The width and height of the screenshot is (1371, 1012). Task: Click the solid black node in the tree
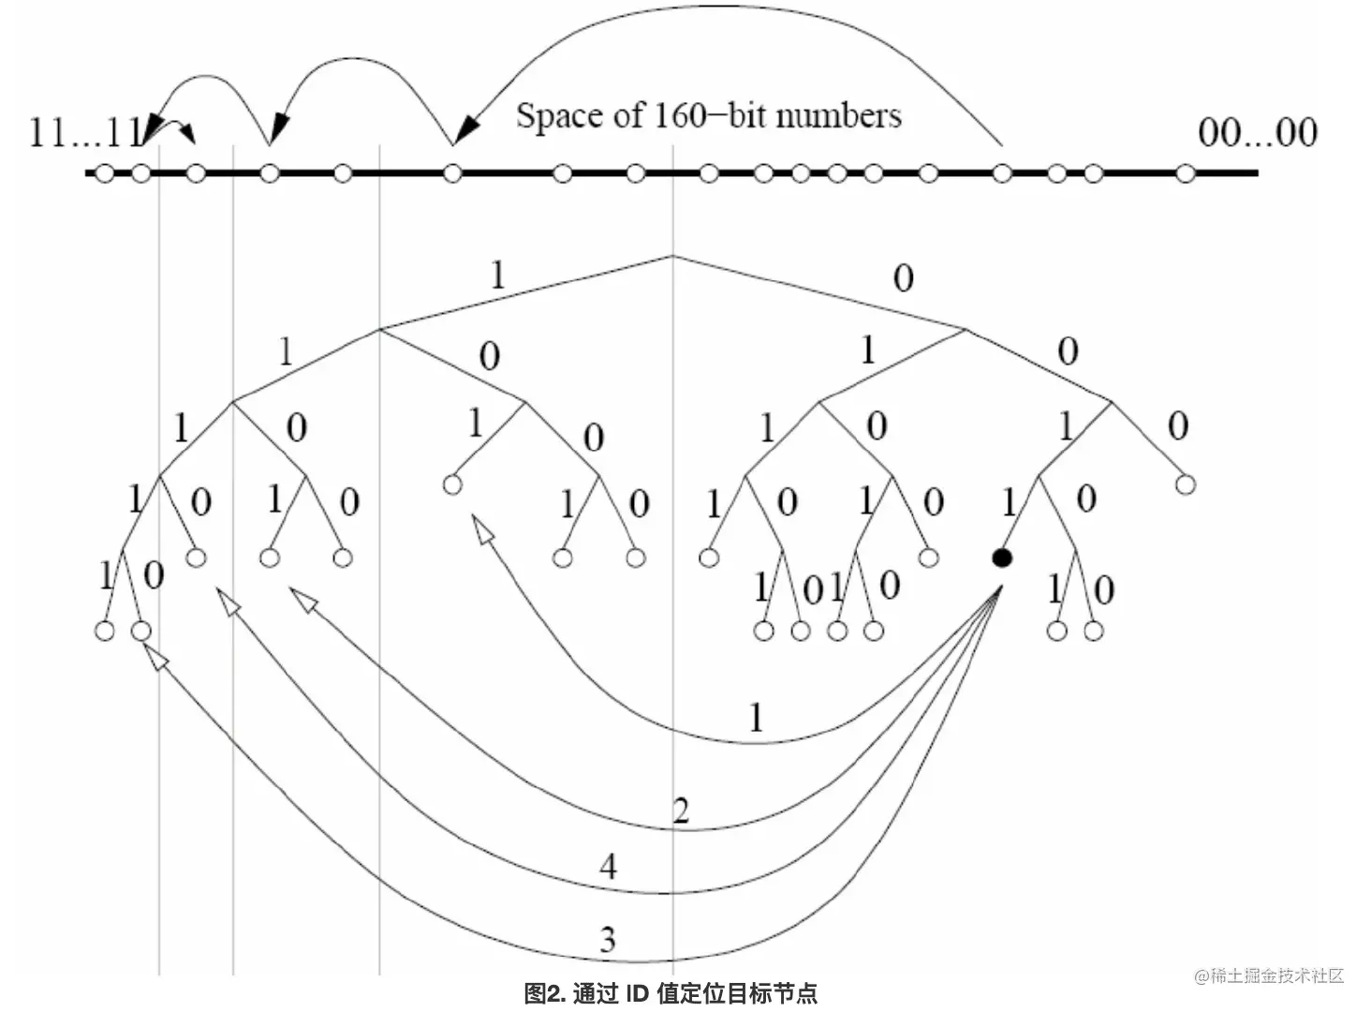[x=1002, y=558]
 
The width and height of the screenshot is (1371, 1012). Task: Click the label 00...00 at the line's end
[x=1257, y=133]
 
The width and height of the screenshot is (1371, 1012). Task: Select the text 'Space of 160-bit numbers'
[x=708, y=115]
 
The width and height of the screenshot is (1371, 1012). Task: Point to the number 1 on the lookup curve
[x=756, y=718]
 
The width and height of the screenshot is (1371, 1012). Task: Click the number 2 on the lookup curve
[x=681, y=811]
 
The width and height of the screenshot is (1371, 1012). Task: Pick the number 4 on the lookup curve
[x=609, y=867]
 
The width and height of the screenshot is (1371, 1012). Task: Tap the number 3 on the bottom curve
[x=608, y=939]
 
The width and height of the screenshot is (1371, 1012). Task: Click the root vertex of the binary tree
[x=672, y=255]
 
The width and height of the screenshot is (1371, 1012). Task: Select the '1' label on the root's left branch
[x=497, y=275]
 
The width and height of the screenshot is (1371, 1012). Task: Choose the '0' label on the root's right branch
[x=903, y=277]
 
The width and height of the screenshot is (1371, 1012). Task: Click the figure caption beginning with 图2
[x=671, y=993]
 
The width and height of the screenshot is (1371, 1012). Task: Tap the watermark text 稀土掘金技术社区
[x=1275, y=976]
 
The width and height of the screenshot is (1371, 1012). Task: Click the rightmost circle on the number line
[x=1186, y=173]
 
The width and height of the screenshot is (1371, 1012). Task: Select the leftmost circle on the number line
[x=105, y=173]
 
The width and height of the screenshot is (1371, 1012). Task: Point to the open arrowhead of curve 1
[x=482, y=531]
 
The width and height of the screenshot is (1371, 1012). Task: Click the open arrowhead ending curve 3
[x=158, y=660]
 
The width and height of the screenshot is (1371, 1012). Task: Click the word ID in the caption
[x=637, y=993]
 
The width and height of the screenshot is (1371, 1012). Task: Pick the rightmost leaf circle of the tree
[x=1186, y=484]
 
